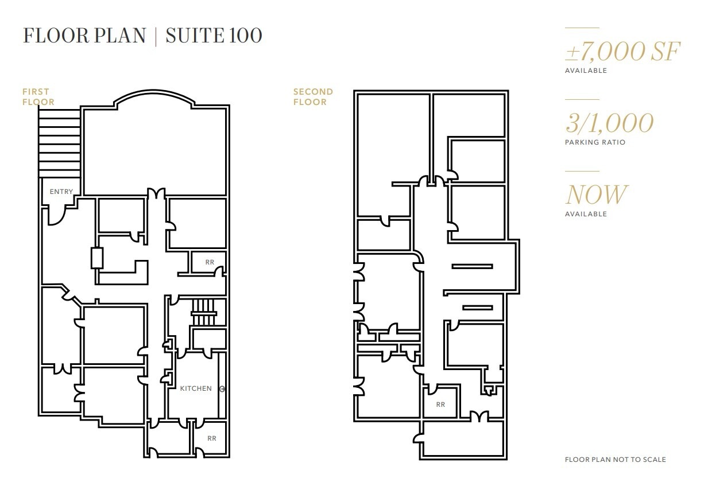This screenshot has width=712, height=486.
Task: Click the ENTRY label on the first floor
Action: click(x=61, y=192)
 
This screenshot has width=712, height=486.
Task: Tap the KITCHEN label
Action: click(x=196, y=388)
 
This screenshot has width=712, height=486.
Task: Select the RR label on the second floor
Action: click(x=440, y=405)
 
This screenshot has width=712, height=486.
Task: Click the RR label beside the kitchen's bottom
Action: click(x=212, y=438)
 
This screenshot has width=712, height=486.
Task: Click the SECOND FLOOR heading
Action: click(x=313, y=97)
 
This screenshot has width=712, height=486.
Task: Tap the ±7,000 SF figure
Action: click(x=622, y=52)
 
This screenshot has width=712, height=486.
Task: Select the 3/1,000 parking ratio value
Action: click(x=609, y=123)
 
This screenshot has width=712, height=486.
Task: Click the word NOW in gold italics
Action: click(x=596, y=195)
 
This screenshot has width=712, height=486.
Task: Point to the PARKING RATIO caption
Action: click(x=595, y=142)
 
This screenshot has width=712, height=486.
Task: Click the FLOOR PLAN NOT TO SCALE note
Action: click(x=615, y=460)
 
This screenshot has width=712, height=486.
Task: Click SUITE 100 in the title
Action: click(x=214, y=36)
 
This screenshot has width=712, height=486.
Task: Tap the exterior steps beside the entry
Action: click(x=59, y=143)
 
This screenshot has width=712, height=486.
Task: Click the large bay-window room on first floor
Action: click(x=155, y=149)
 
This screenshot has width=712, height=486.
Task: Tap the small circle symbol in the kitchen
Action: click(x=222, y=389)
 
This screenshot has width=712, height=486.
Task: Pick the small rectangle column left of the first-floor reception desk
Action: click(x=96, y=258)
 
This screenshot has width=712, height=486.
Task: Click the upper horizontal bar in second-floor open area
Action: click(x=472, y=266)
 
